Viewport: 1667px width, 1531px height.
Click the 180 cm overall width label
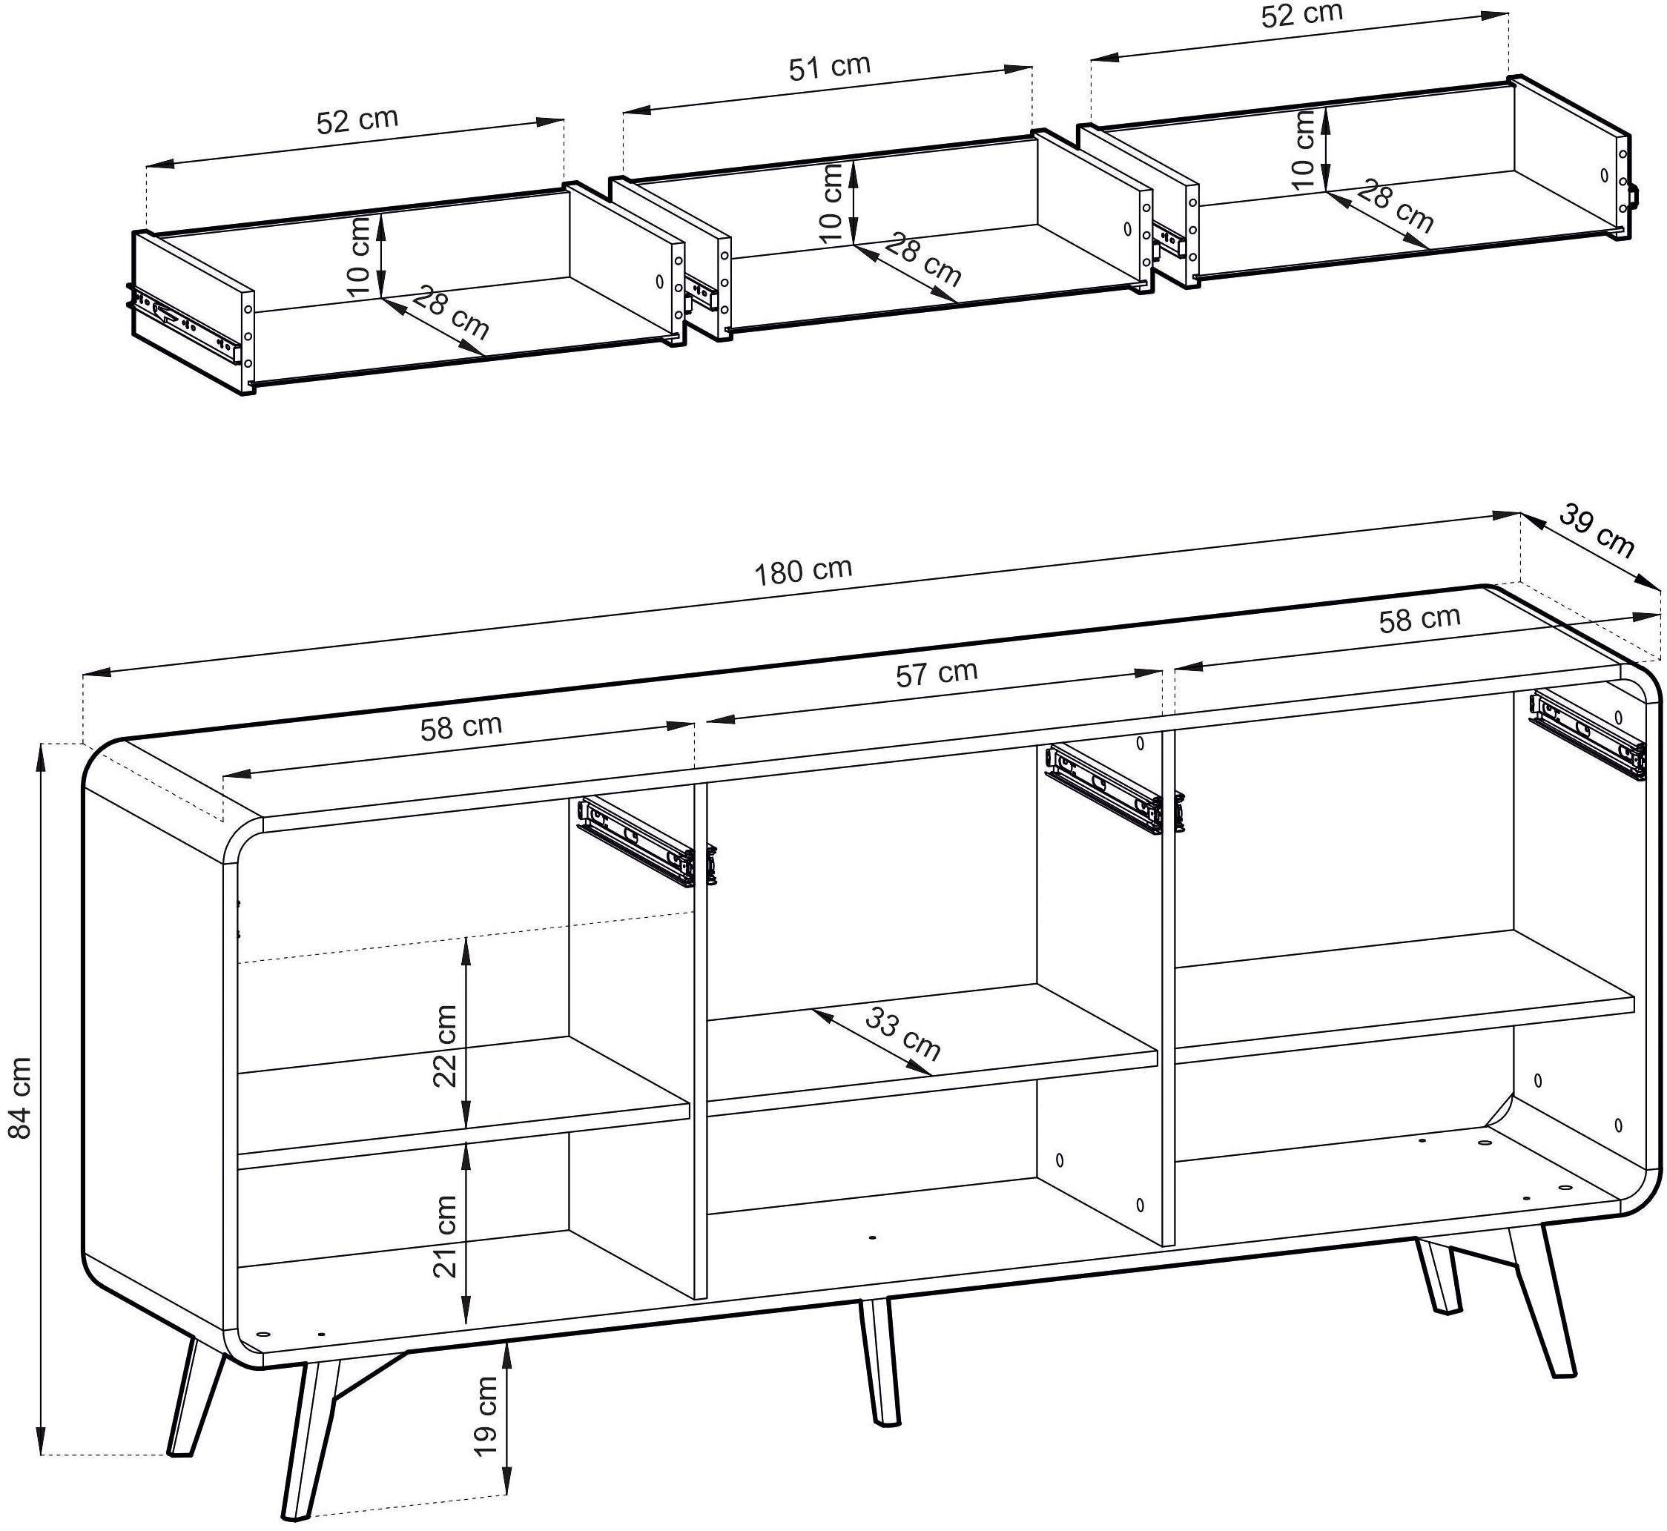(x=803, y=571)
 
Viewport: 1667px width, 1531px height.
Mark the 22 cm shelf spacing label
(x=446, y=1045)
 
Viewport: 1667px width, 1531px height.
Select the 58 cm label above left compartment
(x=461, y=727)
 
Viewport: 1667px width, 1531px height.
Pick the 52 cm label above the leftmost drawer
(x=357, y=121)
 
